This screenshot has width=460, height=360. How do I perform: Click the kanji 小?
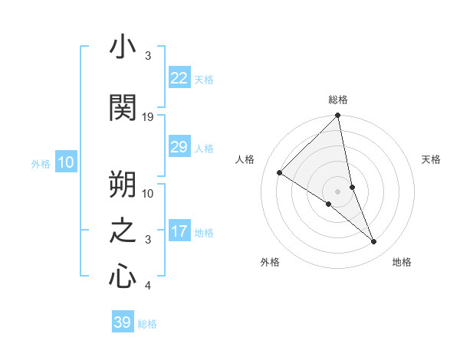pos(123,48)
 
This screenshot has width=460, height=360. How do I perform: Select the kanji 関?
pos(123,108)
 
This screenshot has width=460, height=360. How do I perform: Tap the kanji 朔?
pos(123,184)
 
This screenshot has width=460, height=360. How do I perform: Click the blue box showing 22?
pos(179,78)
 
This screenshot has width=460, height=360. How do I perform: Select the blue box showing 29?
pos(179,147)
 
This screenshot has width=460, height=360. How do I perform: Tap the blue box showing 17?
pos(179,231)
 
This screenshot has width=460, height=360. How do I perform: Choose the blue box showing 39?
pos(122,322)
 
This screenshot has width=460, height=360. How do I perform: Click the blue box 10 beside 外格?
pos(65,162)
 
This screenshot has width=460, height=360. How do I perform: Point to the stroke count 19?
pos(148,117)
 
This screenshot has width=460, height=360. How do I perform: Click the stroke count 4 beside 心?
pos(148,286)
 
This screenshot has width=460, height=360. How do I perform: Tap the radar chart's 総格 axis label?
pos(338,100)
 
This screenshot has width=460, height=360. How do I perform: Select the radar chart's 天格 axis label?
pos(432,159)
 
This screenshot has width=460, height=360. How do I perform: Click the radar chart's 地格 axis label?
pos(402,262)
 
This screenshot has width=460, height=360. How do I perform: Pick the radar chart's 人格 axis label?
pos(245,159)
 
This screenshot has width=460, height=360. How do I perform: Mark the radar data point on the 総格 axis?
pos(338,116)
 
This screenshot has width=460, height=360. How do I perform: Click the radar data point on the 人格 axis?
pos(280,172)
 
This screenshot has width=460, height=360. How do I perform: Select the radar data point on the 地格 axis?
pos(373,241)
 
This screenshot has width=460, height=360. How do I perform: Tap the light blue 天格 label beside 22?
pos(204,79)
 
